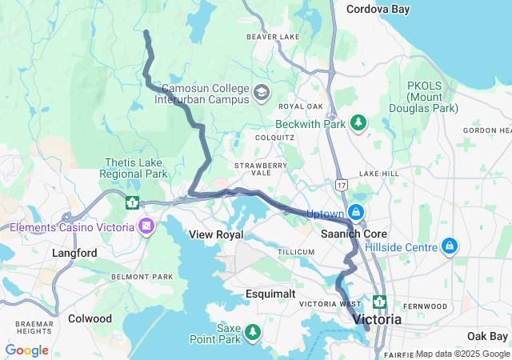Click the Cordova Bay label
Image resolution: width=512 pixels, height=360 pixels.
coord(378,10)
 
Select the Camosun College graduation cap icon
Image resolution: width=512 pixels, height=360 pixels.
coord(261,94)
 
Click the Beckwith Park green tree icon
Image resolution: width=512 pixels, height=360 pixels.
coord(358,122)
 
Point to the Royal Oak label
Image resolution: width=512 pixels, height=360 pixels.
coord(300,106)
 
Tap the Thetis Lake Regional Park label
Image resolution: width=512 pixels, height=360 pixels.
coord(134,168)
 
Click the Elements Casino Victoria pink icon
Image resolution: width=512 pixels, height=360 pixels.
coord(146,227)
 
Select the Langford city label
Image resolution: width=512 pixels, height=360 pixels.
coord(74,253)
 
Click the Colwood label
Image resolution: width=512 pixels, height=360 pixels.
coord(90,318)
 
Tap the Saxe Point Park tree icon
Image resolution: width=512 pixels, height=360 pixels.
coord(253,330)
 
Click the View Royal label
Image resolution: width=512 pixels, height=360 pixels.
coord(215,234)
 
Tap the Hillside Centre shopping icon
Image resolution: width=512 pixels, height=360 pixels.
coord(450,245)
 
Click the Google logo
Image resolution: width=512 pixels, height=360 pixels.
coord(26,350)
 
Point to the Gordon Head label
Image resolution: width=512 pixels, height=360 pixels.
coord(486,130)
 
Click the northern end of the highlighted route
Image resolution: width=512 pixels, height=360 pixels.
coord(146,33)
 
